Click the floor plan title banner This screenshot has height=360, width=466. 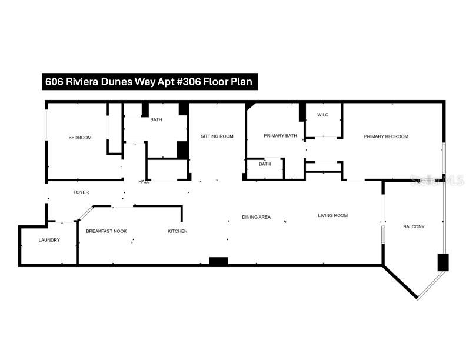tap(150, 82)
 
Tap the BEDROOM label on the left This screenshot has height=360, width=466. tap(80, 138)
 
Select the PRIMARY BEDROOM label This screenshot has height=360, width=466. tap(385, 136)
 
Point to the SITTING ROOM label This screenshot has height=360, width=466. tap(217, 136)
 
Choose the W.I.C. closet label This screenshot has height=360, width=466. tap(322, 114)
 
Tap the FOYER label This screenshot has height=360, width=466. tap(81, 192)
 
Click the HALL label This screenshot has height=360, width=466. tap(144, 182)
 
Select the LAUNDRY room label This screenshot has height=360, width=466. tap(49, 240)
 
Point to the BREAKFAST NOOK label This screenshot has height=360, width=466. tap(106, 231)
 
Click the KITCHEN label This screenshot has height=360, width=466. tap(178, 231)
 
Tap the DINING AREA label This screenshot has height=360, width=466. tap(256, 217)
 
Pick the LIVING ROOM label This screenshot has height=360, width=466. tap(332, 215)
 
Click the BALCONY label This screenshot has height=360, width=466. tap(414, 226)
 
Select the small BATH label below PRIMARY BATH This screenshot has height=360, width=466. tap(265, 164)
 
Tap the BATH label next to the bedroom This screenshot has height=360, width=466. tap(156, 120)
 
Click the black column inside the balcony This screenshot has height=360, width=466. tap(442, 262)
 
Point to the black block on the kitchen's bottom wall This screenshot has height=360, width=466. tap(219, 261)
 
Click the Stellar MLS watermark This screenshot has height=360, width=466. tap(437, 181)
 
